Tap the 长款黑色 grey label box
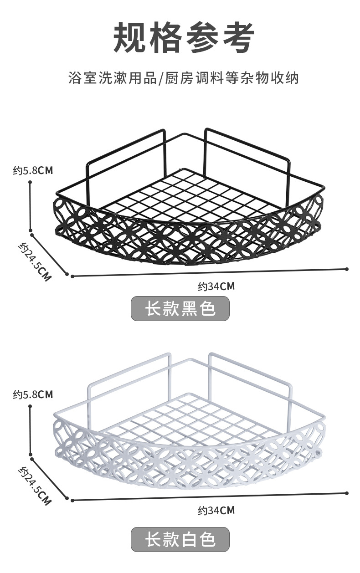[x=180, y=309]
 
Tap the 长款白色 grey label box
[x=180, y=540]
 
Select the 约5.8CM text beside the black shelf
[x=33, y=171]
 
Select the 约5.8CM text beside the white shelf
[x=33, y=394]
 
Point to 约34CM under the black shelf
[x=216, y=286]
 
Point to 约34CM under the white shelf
[x=216, y=511]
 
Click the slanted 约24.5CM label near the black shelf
[x=35, y=261]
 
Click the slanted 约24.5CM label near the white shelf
[x=35, y=486]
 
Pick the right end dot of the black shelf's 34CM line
[x=347, y=269]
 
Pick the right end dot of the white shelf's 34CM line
[x=347, y=493]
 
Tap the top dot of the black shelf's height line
[x=30, y=182]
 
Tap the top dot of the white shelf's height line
[x=30, y=406]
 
